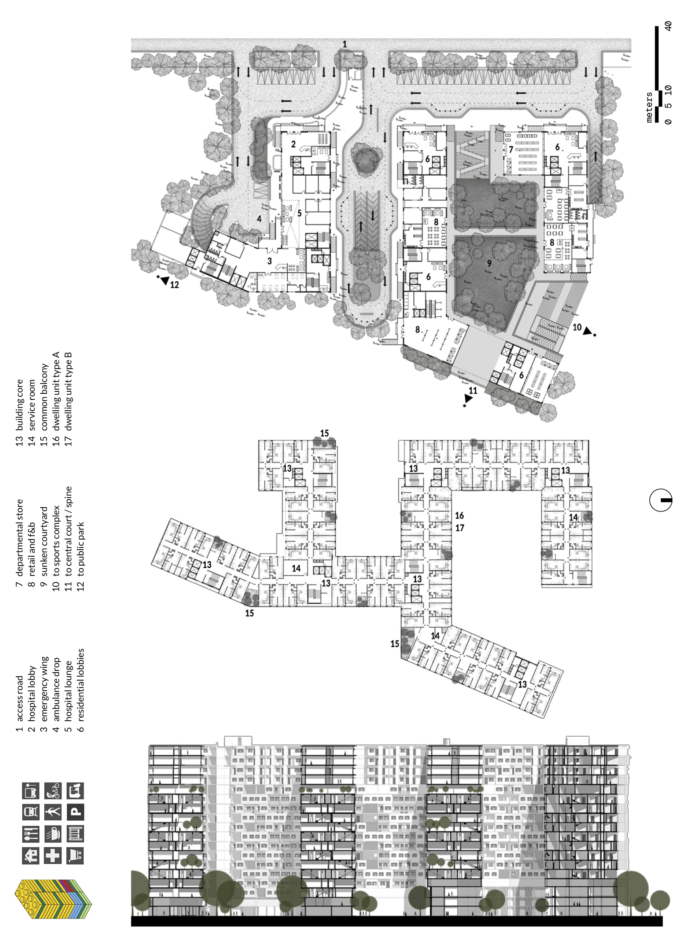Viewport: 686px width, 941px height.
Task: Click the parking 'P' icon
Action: point(75,812)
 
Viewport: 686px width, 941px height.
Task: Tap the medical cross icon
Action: point(53,856)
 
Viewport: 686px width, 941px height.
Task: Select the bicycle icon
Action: point(53,790)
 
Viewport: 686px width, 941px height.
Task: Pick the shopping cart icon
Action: point(75,856)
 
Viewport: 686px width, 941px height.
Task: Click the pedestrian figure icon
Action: point(53,812)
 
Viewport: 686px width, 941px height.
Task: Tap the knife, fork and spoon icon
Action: point(31,834)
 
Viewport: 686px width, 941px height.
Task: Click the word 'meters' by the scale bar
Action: point(649,107)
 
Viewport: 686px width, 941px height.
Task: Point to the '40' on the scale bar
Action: point(668,26)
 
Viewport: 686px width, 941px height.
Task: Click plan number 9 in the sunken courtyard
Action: point(489,263)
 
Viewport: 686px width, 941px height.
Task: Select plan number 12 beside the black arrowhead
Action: point(174,285)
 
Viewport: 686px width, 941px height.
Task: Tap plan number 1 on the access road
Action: point(344,44)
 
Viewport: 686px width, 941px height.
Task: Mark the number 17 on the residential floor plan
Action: point(460,528)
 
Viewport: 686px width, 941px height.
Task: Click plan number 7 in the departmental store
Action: point(511,150)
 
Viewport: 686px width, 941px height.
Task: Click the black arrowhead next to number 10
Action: point(587,331)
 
